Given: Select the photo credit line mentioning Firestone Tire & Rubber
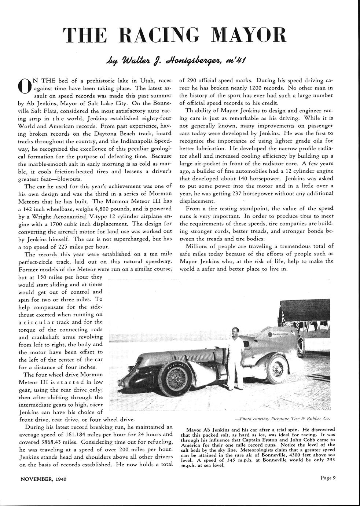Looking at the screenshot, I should coord(283,418).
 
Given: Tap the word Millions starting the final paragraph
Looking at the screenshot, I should coord(198,246).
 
